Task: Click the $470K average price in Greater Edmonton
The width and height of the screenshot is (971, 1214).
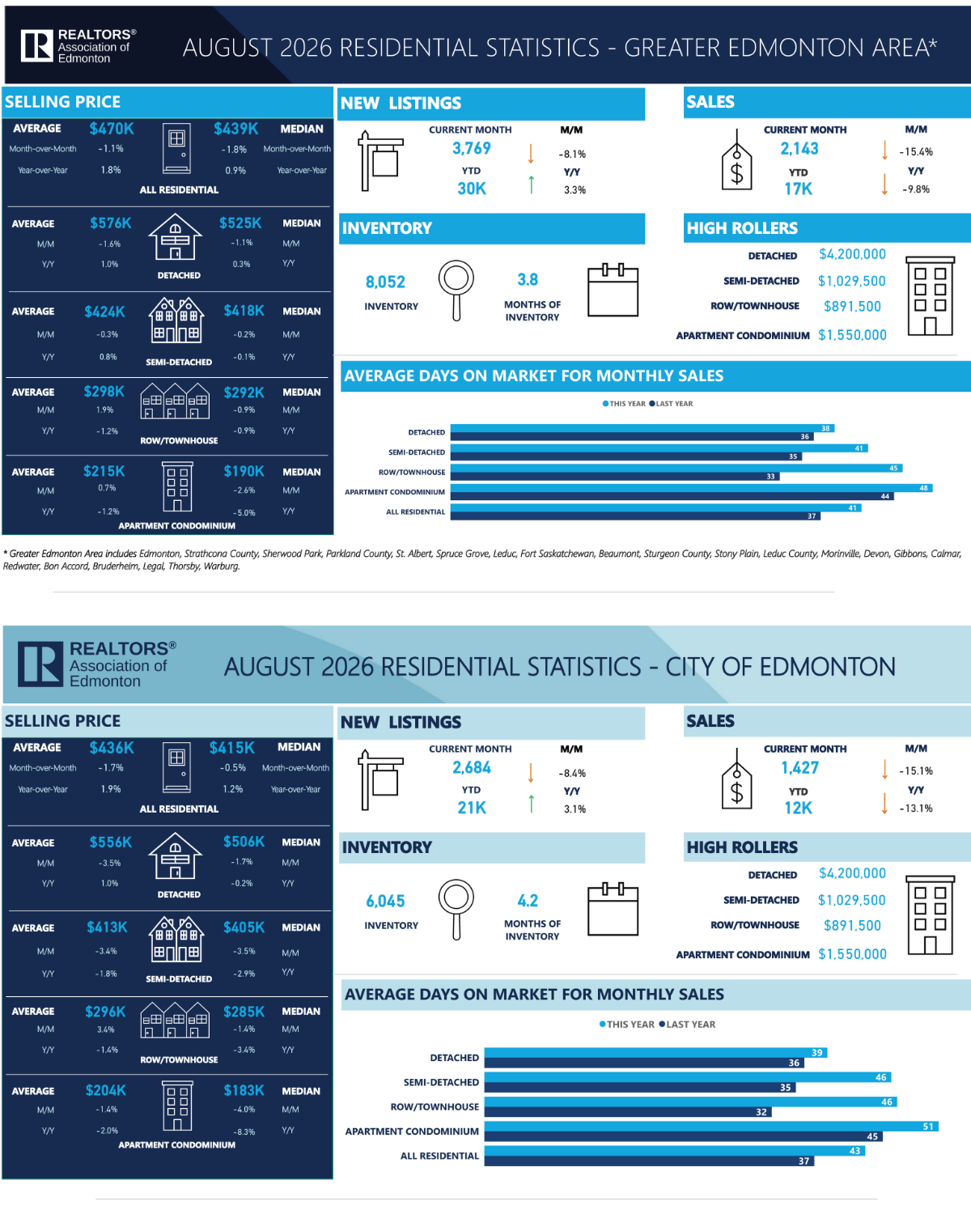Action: tap(112, 129)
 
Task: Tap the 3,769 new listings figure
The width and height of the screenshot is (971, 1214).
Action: tap(471, 148)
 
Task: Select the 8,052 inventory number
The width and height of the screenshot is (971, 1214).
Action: tap(385, 282)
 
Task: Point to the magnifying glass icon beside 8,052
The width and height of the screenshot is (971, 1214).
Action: tap(456, 290)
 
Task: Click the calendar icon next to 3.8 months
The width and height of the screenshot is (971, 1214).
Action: tap(613, 290)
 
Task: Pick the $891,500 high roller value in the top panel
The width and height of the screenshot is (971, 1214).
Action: tap(852, 306)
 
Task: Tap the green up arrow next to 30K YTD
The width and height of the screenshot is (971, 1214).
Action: tap(531, 185)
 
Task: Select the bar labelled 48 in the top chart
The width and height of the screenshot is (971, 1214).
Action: tap(691, 488)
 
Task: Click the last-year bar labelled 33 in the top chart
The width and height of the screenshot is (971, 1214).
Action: tap(614, 477)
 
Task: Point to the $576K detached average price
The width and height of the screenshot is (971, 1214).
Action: tap(111, 223)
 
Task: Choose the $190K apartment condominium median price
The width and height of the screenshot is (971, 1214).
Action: tap(244, 471)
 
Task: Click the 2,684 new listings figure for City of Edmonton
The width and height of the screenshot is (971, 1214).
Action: tap(471, 768)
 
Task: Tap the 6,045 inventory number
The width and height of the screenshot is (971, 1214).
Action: tap(385, 901)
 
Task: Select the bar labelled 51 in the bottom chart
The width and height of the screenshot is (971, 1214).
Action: tap(711, 1127)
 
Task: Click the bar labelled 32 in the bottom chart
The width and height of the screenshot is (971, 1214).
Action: tap(627, 1112)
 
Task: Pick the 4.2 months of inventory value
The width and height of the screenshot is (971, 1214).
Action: tap(528, 901)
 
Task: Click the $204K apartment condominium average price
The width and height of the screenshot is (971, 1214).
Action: tap(105, 1090)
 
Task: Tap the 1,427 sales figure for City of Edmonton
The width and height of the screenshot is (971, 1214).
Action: tap(799, 768)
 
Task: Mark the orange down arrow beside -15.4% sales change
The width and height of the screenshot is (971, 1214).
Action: tap(884, 151)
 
